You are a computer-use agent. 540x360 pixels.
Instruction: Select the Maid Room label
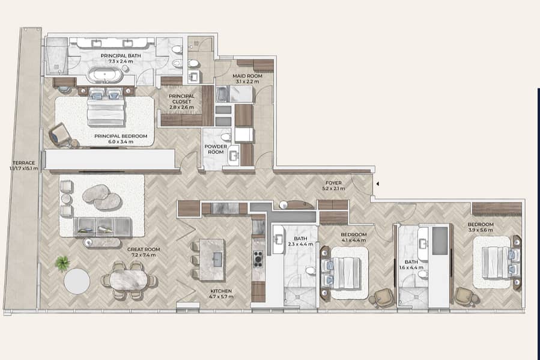tap(247, 79)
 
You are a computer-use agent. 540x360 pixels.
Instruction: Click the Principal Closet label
tap(181, 102)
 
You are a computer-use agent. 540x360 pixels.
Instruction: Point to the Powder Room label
tap(216, 149)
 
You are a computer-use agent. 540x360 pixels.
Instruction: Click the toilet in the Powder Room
tap(226, 137)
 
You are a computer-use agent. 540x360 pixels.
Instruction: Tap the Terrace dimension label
tap(24, 166)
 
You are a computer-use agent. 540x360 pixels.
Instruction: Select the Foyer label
tap(333, 186)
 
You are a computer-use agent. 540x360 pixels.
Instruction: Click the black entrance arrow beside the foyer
tap(378, 184)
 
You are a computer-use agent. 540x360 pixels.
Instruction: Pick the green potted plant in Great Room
tap(62, 264)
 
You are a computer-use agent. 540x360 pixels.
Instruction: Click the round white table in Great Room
tap(77, 281)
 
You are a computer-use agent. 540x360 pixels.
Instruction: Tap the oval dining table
tap(129, 279)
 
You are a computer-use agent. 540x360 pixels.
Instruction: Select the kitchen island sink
tap(217, 259)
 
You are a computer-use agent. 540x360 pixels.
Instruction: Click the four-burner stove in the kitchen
tap(258, 259)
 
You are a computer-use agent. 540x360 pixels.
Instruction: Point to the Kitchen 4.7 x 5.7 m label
tap(221, 293)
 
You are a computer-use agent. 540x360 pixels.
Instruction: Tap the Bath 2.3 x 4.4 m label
tap(301, 241)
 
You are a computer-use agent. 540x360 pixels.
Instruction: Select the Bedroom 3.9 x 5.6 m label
tap(481, 227)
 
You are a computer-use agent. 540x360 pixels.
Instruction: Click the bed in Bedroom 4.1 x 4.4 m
tap(341, 272)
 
